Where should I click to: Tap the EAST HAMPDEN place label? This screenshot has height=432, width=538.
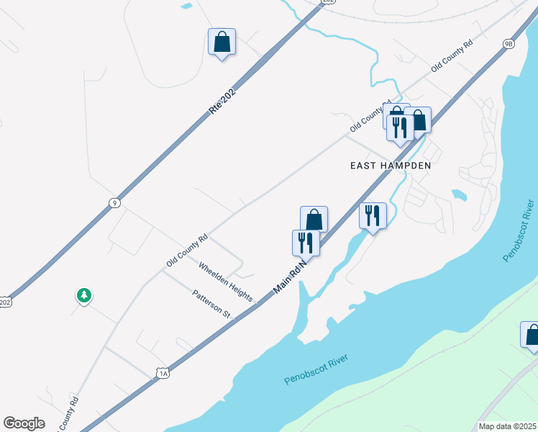[x=390, y=166]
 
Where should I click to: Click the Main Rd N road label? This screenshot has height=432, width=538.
[x=290, y=277]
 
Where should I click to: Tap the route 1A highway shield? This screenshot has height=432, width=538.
[x=163, y=373]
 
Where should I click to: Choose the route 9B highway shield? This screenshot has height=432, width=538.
[x=509, y=44]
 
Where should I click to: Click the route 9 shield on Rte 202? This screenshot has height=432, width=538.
[x=114, y=203]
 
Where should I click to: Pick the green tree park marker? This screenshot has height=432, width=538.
[x=84, y=295]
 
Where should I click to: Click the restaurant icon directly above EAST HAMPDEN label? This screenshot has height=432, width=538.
[x=399, y=127]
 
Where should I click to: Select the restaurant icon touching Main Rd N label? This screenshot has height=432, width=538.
[x=305, y=243]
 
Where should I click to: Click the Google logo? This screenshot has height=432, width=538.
[x=24, y=423]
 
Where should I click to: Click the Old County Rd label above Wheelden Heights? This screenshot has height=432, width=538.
[x=187, y=250]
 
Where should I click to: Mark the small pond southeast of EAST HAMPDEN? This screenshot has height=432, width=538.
[x=457, y=194]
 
